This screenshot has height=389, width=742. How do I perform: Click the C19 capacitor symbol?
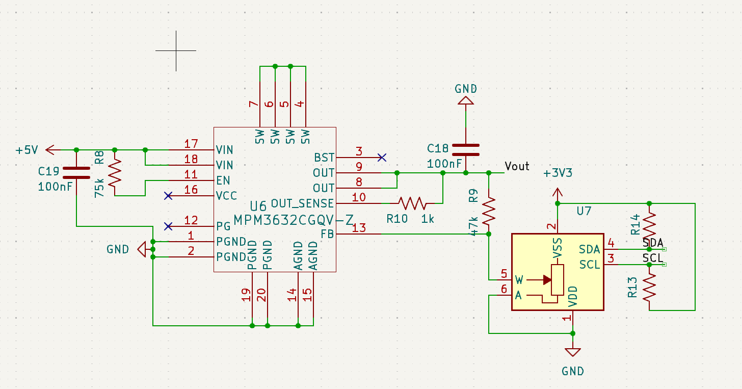tap(76, 173)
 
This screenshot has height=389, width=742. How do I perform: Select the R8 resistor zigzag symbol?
tap(115, 173)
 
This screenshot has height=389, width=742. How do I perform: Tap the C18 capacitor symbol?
tap(466, 150)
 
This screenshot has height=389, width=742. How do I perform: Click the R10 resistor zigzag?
tap(412, 203)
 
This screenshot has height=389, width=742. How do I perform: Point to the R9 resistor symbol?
tap(489, 211)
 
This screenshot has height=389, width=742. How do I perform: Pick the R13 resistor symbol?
tap(649, 288)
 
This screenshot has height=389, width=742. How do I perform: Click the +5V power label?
tap(27, 150)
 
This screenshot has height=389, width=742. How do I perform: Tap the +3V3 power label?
tap(558, 173)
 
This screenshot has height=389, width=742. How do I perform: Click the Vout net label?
tap(517, 166)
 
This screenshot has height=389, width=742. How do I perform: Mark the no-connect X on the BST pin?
tap(382, 158)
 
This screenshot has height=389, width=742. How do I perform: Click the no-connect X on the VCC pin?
tap(168, 196)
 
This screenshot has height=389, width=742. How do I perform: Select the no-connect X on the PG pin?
tap(168, 226)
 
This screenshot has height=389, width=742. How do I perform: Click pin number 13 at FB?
tap(359, 228)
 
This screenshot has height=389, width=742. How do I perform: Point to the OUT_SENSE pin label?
tap(302, 203)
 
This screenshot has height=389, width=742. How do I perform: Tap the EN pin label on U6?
tap(223, 180)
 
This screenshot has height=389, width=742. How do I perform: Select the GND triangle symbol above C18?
tap(466, 100)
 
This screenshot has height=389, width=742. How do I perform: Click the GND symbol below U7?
tap(573, 353)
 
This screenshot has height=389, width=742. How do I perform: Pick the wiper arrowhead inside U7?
tap(547, 280)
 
